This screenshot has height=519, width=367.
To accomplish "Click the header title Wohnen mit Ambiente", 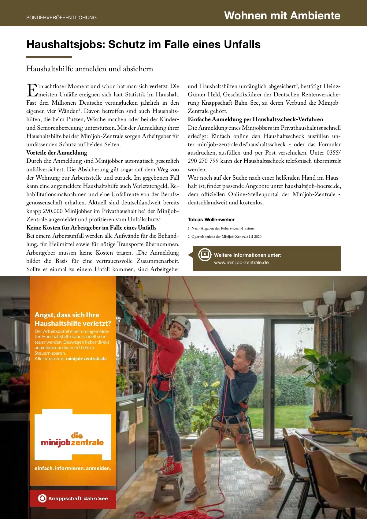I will (x=282, y=15).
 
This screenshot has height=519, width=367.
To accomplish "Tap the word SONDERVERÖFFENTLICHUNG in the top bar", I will (x=61, y=18).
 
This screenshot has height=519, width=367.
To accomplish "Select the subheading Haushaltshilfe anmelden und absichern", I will (x=90, y=69).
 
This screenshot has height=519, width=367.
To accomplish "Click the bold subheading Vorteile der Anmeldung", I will (x=57, y=153).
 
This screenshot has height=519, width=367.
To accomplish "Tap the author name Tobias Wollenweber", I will (x=211, y=219).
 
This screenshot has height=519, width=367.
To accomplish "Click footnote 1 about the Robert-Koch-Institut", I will (x=221, y=228).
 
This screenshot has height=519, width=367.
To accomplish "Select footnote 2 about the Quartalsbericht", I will (x=224, y=237).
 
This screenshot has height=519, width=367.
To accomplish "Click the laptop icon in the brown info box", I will (x=205, y=255).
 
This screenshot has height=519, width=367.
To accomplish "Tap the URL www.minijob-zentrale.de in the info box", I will (x=241, y=263).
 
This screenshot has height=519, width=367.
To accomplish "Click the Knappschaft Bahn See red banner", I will (x=73, y=498).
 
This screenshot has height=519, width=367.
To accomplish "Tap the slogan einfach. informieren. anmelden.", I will (x=73, y=468).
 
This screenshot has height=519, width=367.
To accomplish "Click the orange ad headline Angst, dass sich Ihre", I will (x=67, y=315).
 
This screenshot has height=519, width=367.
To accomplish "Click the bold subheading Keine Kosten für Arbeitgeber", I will (x=91, y=228).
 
